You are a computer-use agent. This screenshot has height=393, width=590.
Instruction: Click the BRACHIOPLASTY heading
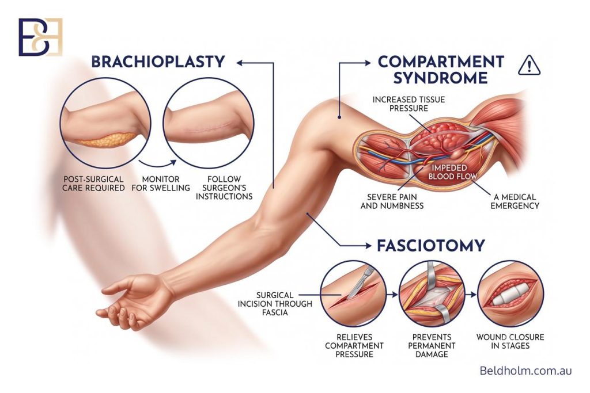(x=158, y=62)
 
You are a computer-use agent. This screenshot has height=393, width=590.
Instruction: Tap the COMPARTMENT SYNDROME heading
(x=441, y=70)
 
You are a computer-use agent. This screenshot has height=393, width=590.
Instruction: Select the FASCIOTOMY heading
(x=431, y=246)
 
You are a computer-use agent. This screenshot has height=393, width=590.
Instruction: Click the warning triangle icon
(x=529, y=65)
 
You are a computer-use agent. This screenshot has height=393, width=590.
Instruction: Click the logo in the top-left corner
(x=41, y=37)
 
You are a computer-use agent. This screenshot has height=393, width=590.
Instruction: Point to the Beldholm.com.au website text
(x=525, y=371)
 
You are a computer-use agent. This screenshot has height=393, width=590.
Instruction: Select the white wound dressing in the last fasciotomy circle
(x=510, y=294)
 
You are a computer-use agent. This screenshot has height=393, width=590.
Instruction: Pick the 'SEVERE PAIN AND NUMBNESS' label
(x=392, y=201)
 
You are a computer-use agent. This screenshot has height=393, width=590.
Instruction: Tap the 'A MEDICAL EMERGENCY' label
(x=515, y=201)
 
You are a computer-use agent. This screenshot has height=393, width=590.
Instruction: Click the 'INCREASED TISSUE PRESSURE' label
(x=409, y=104)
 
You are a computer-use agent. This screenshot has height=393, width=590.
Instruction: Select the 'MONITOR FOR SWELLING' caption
(x=161, y=184)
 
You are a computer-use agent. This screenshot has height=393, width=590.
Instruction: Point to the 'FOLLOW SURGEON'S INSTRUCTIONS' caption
(x=224, y=188)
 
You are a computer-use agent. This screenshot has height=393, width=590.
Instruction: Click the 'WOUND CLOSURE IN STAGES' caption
(x=510, y=342)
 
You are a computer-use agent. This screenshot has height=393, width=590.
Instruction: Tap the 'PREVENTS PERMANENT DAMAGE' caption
(x=432, y=346)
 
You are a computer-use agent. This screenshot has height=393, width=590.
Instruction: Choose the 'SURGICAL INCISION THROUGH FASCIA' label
(x=275, y=304)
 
